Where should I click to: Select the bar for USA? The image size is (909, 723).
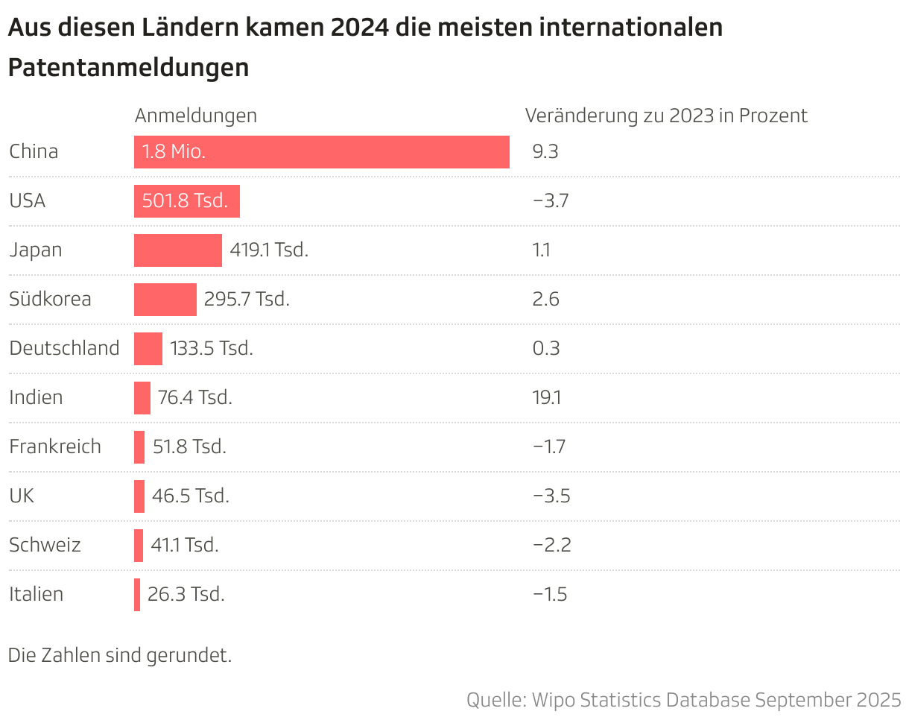tap(186, 201)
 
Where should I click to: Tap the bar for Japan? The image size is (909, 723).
tap(177, 250)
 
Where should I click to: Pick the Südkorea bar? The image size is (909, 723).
tap(165, 300)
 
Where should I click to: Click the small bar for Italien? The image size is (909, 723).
tap(137, 595)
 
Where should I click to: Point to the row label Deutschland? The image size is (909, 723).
tap(64, 349)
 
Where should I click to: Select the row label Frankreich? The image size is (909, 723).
tap(55, 447)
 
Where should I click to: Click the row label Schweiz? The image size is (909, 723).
tap(45, 546)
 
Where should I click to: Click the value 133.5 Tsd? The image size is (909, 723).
tap(212, 349)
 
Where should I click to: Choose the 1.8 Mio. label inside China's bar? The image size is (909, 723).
tap(174, 152)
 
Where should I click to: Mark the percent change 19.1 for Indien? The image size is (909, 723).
tap(547, 398)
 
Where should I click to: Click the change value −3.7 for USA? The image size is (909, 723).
tap(551, 201)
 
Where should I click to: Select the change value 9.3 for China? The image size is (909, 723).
tap(545, 152)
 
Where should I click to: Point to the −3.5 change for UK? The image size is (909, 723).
tap(551, 496)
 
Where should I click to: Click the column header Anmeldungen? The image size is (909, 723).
tap(195, 116)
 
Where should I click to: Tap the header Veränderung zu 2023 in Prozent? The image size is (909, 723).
tap(666, 116)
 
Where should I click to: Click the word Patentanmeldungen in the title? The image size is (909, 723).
tap(128, 68)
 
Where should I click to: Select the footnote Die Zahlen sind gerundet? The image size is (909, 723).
tap(120, 656)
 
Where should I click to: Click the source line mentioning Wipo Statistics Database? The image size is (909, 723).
tap(683, 701)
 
